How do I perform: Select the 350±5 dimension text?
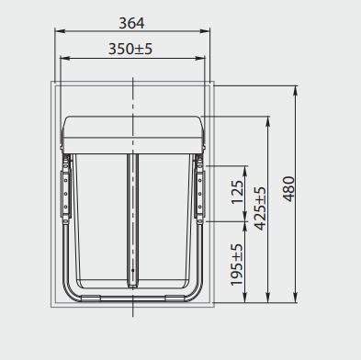131,48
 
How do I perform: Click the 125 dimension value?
238,193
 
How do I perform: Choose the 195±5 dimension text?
238,264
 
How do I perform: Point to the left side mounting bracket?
65,188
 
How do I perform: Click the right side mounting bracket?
199,188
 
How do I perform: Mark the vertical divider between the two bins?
133,216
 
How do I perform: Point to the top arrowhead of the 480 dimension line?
296,90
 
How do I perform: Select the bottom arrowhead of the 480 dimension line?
296,301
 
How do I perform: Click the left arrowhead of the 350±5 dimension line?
62,57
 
